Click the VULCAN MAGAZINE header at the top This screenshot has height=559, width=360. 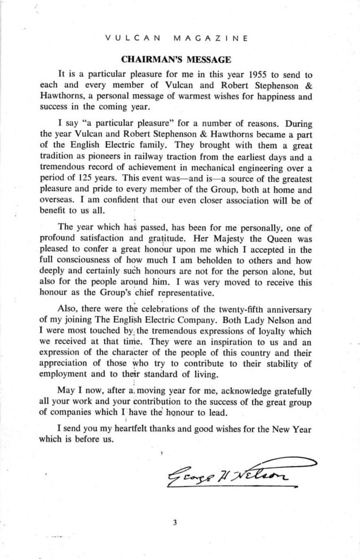tap(176, 38)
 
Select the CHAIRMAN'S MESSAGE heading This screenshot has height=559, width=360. tap(176, 59)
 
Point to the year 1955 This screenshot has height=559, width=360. tap(258, 74)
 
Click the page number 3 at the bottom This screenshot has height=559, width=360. tap(175, 522)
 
